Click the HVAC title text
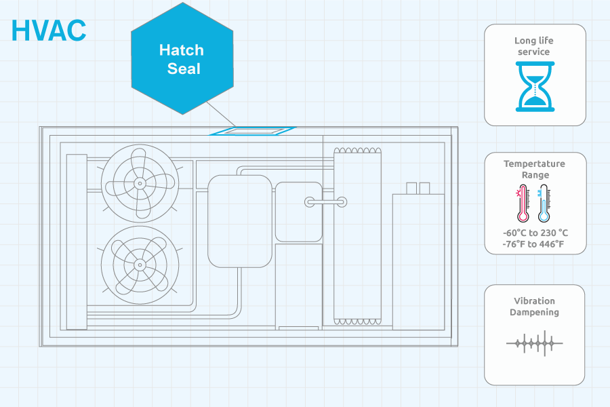(x=49, y=31)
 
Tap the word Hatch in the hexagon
(x=181, y=50)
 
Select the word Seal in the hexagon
(x=184, y=69)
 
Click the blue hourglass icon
(x=535, y=86)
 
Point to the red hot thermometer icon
(x=523, y=203)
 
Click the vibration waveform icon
(x=535, y=343)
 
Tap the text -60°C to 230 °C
(x=535, y=233)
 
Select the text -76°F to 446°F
(x=533, y=244)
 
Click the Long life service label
(x=534, y=46)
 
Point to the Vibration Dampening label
(x=534, y=307)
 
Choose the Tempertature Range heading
(x=535, y=169)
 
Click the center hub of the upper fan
(x=140, y=183)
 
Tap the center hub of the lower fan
(x=140, y=265)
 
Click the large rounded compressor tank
(x=240, y=221)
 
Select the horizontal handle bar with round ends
(x=325, y=202)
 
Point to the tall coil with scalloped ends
(x=357, y=236)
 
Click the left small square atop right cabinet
(x=411, y=188)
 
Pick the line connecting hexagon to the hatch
(x=220, y=114)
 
